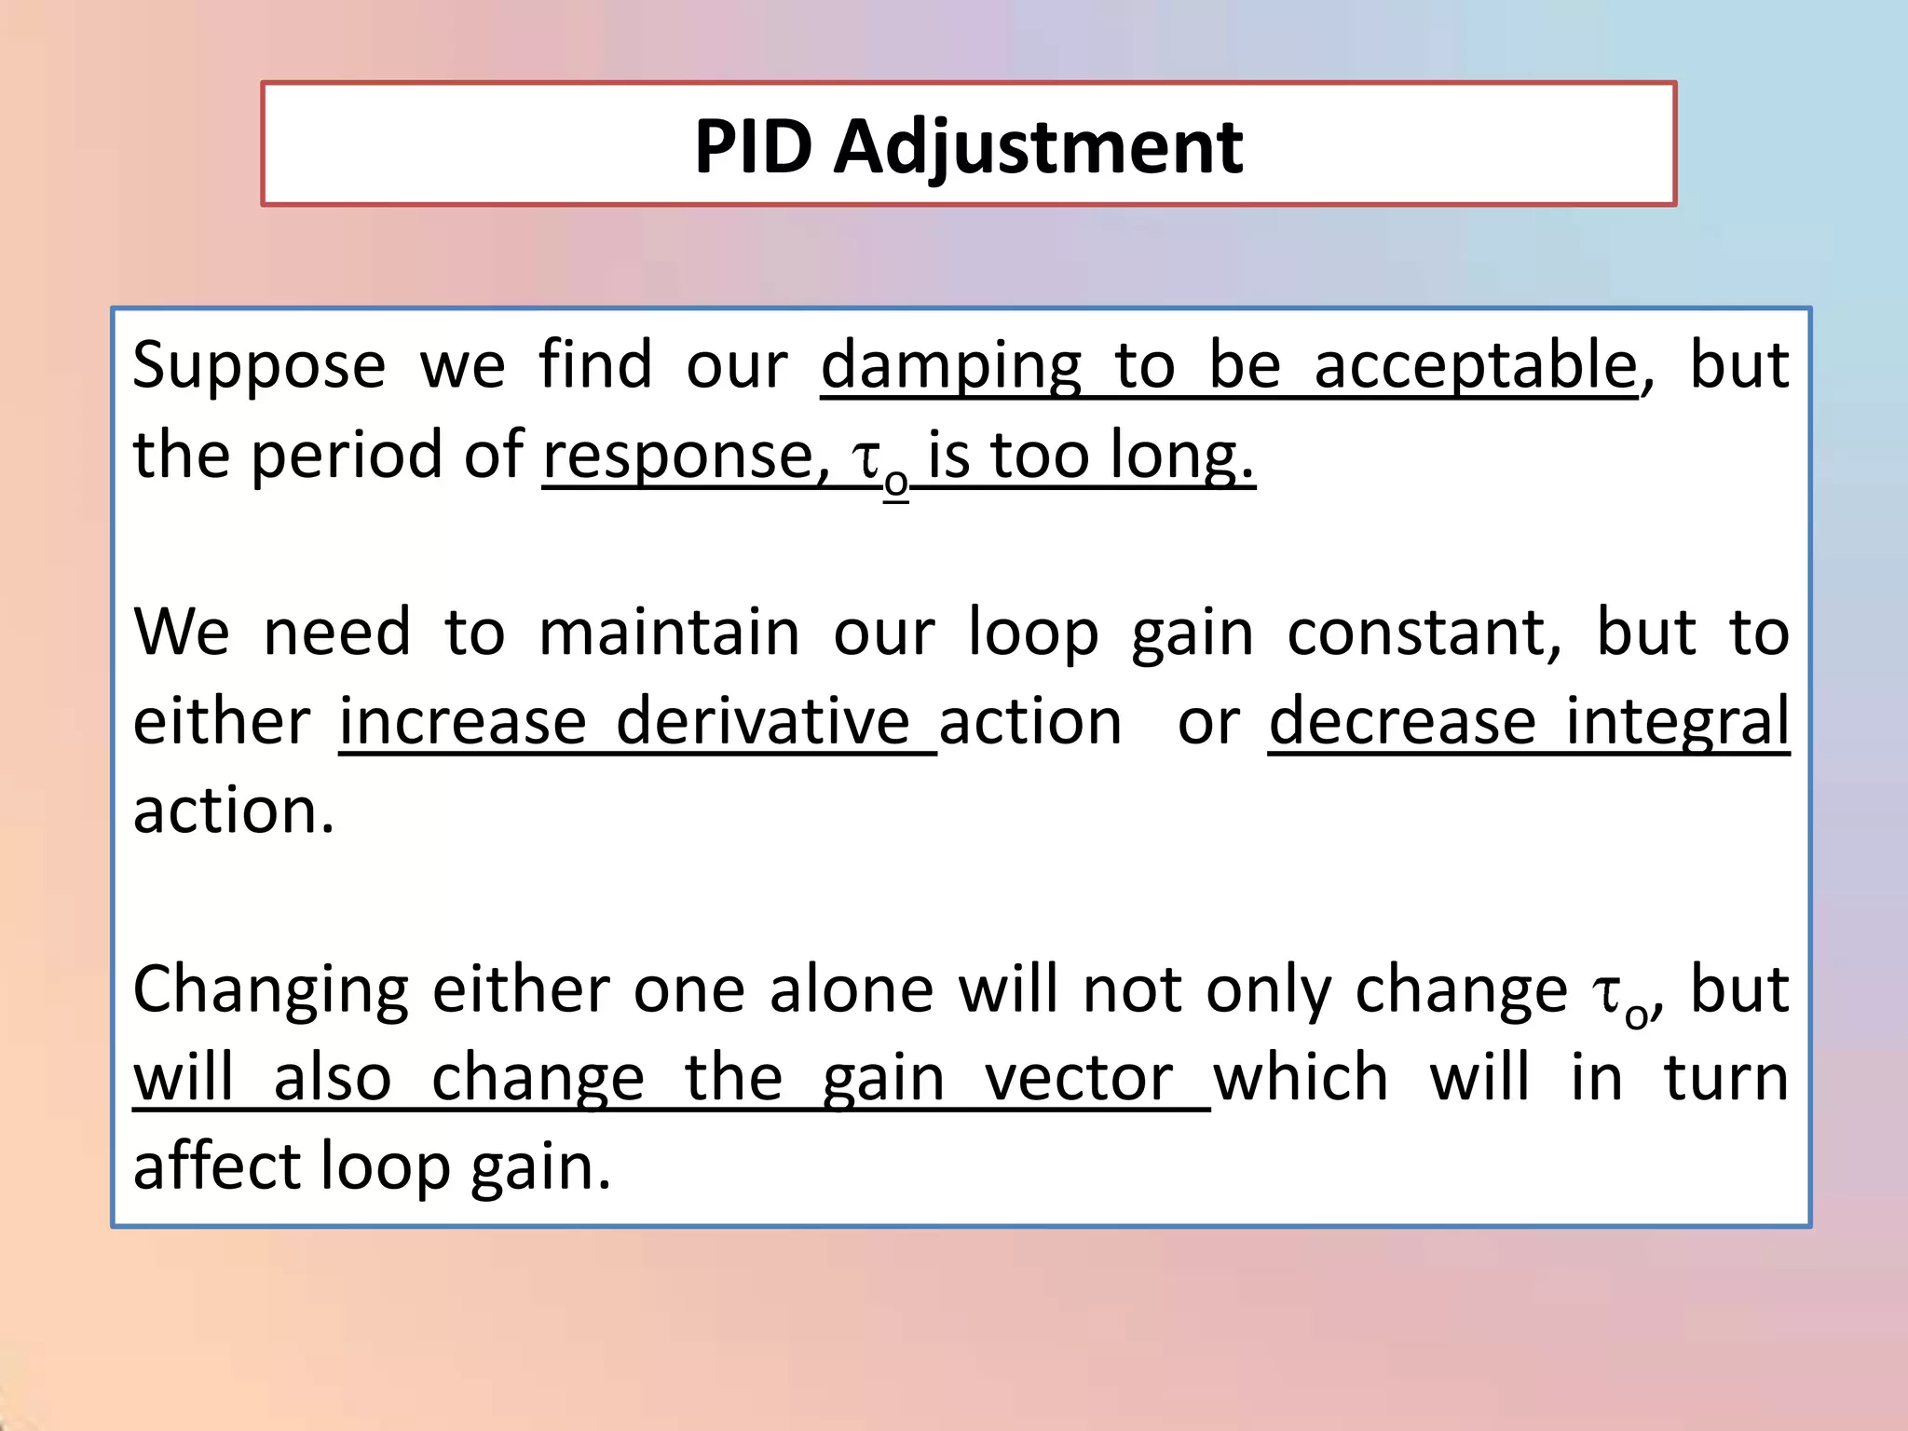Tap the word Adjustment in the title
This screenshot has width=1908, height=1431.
point(1038,149)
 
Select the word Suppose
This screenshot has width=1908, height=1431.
point(258,366)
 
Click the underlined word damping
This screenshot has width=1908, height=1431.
point(950,366)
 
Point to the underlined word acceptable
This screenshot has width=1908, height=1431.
point(1475,366)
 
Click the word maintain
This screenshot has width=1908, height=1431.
point(669,633)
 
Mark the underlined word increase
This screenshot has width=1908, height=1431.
point(462,722)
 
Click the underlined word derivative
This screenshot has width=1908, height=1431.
point(762,722)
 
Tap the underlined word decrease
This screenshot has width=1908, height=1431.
point(1401,722)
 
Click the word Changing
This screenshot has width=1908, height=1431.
point(270,991)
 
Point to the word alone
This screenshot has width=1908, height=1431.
point(851,989)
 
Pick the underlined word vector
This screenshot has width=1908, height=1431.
point(1079,1079)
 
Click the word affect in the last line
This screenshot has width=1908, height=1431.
point(217,1166)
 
